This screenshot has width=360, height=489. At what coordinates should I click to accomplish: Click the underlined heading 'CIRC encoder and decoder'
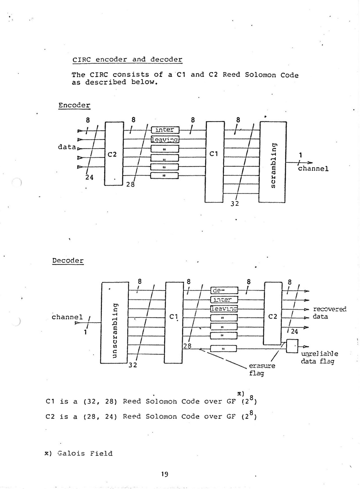coord(127,60)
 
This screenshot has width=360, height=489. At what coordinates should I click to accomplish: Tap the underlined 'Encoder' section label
coord(74,106)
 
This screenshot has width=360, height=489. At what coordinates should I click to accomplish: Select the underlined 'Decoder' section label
coord(68,261)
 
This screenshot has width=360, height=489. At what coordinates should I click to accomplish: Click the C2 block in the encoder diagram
coord(114,154)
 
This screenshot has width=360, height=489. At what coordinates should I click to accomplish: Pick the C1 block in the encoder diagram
coord(215,162)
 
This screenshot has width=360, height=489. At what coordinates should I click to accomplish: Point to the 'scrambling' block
coord(272,162)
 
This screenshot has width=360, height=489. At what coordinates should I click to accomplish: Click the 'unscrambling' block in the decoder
coord(114,323)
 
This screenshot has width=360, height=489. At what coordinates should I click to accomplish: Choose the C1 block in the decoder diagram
coord(174,323)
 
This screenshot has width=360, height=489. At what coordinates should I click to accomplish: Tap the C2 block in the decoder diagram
coord(273,313)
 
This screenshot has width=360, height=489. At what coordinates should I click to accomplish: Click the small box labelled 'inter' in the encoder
coord(165,130)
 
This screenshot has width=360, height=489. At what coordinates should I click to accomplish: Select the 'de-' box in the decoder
coord(224,290)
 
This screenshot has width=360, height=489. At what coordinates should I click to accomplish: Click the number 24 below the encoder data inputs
coord(89,178)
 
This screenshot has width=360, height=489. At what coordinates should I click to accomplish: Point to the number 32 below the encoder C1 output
coord(235,204)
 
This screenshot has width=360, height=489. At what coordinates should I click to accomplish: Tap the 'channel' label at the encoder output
coord(313,169)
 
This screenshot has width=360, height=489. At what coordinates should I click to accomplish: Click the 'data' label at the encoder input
coord(67,147)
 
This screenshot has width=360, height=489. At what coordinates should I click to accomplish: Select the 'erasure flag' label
coord(262,369)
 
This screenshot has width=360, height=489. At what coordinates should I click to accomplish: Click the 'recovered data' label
coord(328,313)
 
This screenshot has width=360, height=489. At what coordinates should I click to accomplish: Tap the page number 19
coord(165,474)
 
